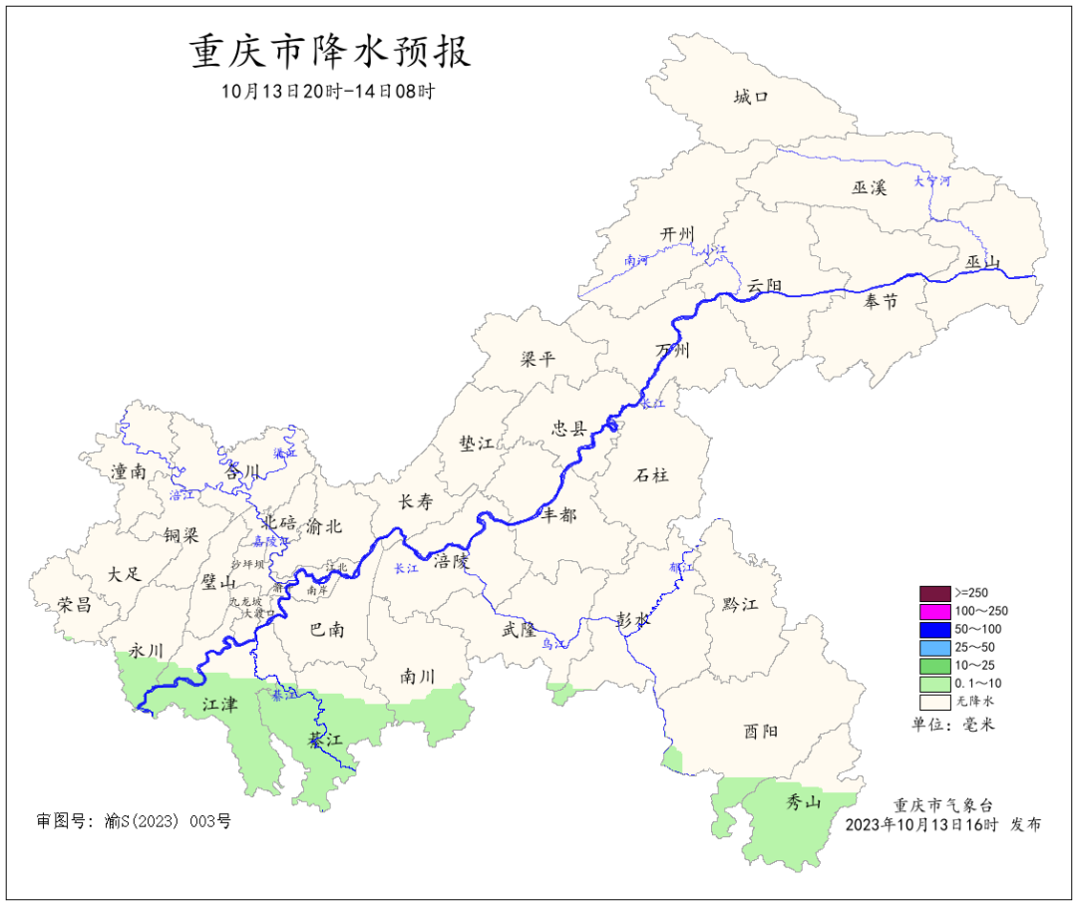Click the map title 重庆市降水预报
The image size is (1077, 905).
(x=329, y=52)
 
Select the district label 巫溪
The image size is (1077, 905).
(x=869, y=186)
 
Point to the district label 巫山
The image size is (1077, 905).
(x=982, y=262)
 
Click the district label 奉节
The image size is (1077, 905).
(x=881, y=302)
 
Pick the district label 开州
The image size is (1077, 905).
(x=676, y=233)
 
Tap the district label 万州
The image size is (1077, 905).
(x=673, y=350)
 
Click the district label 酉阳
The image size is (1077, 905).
(x=760, y=732)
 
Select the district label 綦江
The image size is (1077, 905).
(x=324, y=741)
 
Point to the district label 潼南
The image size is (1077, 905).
(x=129, y=471)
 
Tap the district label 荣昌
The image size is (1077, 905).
(x=74, y=604)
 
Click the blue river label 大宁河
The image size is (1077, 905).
(x=932, y=181)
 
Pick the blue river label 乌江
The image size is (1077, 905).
(x=553, y=645)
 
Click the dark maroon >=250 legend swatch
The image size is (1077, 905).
(x=934, y=593)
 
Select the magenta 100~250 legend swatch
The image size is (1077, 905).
(x=934, y=611)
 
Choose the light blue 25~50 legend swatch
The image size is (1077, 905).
(x=934, y=647)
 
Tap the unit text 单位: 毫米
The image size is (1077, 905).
(x=953, y=724)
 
